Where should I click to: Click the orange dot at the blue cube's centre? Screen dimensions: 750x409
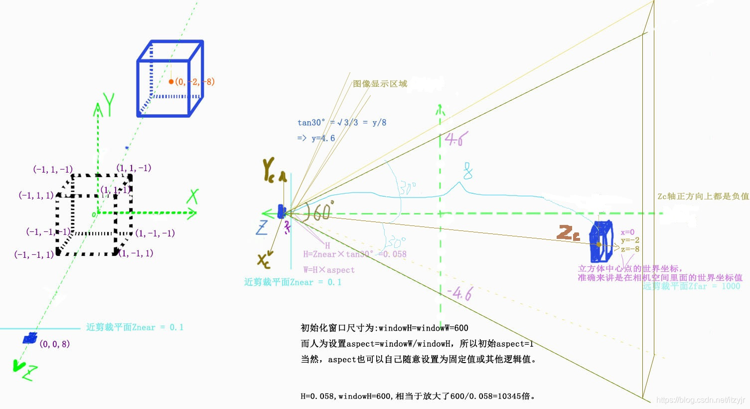coord(171,81)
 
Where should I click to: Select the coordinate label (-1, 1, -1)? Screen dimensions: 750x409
coord(53,170)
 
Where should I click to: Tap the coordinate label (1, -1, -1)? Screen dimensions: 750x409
coord(155,233)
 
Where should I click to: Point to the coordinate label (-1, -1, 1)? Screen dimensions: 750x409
coord(34,255)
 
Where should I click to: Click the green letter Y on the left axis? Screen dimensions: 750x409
coord(108,104)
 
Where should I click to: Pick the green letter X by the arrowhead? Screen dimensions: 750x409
coord(192,197)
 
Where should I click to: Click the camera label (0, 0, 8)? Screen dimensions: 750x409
coord(55,344)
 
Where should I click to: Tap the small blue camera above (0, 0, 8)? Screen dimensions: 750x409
coord(30,338)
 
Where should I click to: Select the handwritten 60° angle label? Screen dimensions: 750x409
coord(318,211)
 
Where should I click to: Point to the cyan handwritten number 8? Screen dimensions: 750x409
coord(467,171)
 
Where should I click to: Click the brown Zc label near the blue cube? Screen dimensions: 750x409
coord(568,233)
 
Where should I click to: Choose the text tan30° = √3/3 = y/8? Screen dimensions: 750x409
coord(342,123)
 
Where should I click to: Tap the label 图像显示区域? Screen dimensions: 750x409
coord(380,84)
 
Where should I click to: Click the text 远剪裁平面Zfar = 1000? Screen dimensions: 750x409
coord(691,286)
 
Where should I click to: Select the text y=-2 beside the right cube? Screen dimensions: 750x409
coord(630,240)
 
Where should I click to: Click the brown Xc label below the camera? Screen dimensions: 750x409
coord(264,260)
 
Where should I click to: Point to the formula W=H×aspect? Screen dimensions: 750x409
coord(329,270)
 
